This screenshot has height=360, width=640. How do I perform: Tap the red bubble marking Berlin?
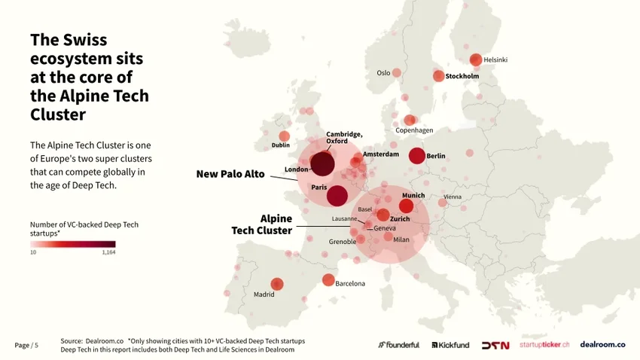point(416,156)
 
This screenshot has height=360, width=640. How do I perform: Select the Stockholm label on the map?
point(462,76)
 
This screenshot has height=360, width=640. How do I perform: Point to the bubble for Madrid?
point(277,284)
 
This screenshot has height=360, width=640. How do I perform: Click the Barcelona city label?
point(349,284)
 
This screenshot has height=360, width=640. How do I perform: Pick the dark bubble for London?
point(322,163)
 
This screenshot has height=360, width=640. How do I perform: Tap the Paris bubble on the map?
point(337,196)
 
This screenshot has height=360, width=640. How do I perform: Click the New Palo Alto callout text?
point(230,174)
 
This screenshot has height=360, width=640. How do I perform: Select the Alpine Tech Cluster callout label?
point(261,224)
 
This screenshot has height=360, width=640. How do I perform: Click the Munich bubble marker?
point(406,206)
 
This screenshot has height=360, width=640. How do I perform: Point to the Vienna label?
point(453,197)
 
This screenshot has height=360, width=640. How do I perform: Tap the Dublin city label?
point(280,145)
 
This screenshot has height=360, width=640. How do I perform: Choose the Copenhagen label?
point(414,130)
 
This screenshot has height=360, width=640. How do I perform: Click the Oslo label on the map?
point(383,73)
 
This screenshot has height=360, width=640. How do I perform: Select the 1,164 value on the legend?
point(108,253)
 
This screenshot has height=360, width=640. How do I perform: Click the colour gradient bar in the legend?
point(72,244)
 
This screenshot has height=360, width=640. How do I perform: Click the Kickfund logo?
point(450,345)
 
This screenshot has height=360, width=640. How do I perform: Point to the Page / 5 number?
point(26,345)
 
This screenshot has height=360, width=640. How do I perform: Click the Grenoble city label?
point(343,242)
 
